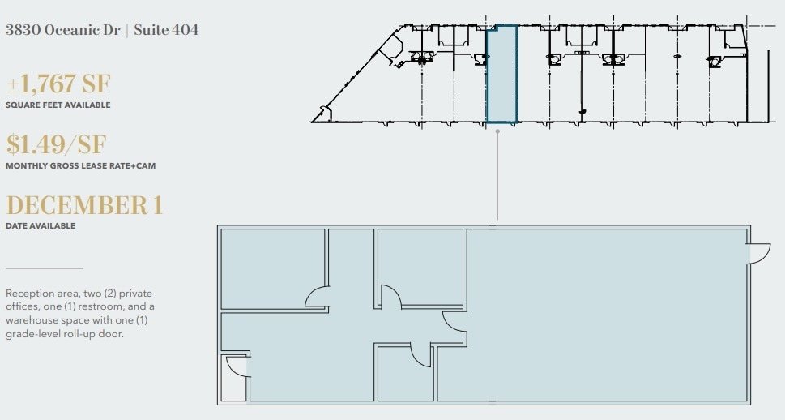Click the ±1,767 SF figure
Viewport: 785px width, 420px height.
point(58,84)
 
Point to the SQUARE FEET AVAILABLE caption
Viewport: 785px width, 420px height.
point(58,105)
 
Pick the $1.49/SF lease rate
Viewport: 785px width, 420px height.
point(56,144)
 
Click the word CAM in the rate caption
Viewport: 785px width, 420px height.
point(147,166)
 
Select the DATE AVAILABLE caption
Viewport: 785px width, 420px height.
point(40,226)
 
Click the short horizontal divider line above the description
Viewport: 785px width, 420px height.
point(45,268)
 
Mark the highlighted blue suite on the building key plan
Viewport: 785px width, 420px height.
point(501,75)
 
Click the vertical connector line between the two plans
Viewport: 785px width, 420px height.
point(497,174)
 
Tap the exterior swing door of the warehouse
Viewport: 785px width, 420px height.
point(759,254)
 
